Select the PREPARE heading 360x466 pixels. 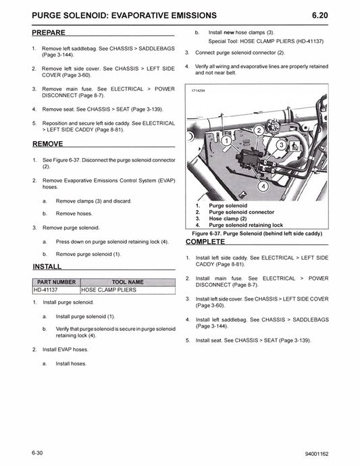pyautogui.click(x=49, y=32)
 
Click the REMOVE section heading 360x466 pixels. pyautogui.click(x=47, y=144)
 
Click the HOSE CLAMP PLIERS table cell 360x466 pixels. pyautogui.click(x=108, y=290)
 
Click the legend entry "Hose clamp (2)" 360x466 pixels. pyautogui.click(x=228, y=218)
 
